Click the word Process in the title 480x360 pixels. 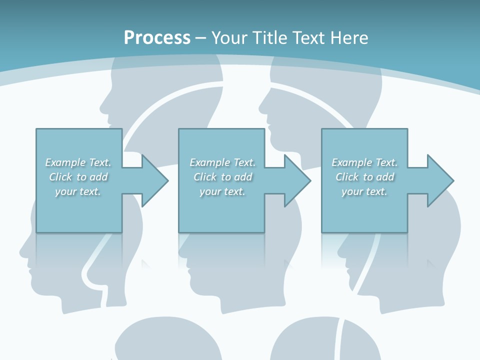pos(157,38)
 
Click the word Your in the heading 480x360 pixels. pos(230,38)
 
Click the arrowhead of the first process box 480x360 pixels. pos(155,180)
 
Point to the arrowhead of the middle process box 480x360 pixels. pos(298,180)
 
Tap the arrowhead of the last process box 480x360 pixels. pos(440,180)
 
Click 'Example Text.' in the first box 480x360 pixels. pos(78,162)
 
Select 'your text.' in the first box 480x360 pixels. pos(78,191)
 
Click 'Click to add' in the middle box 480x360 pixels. pos(222,177)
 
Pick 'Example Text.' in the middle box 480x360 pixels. pos(222,162)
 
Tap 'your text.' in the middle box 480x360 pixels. pos(222,191)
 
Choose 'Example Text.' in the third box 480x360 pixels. pos(364,162)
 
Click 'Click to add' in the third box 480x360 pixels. pos(364,177)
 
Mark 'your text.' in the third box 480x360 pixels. pos(364,191)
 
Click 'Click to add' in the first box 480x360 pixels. pos(78,177)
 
